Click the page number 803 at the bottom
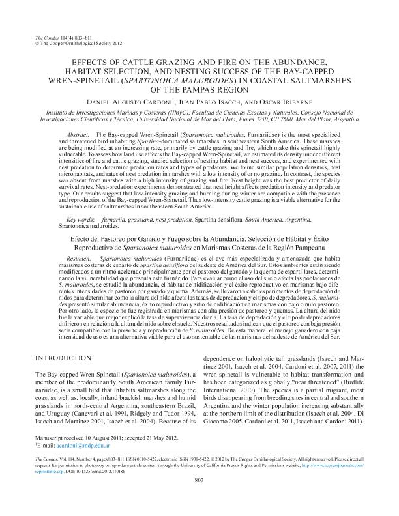(x=199, y=500)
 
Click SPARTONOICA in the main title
(x=156, y=81)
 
